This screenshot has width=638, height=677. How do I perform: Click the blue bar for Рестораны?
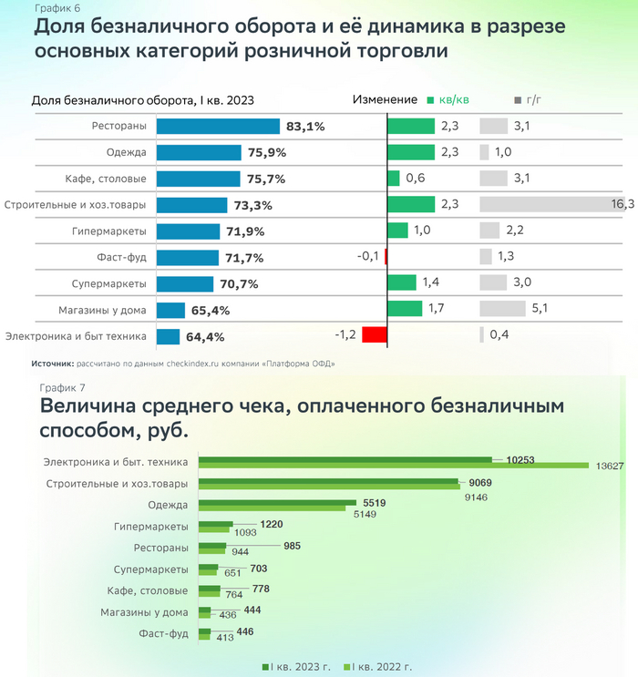(x=218, y=127)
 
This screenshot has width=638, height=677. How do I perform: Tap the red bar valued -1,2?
(x=375, y=334)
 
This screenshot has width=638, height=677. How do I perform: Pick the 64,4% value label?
(x=205, y=337)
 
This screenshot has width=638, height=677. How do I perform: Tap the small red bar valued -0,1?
(x=386, y=257)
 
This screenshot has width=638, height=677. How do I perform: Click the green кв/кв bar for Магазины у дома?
(x=405, y=309)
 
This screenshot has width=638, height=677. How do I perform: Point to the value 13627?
(x=610, y=467)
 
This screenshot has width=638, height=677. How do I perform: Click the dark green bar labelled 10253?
(x=345, y=459)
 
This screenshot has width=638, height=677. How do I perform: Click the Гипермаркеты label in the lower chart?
(x=151, y=527)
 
